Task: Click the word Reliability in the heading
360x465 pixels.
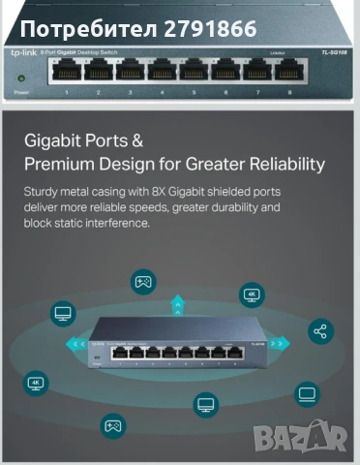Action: [x=282, y=164]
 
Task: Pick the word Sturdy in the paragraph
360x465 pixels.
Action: [x=44, y=192]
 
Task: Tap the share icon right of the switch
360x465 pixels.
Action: [x=321, y=332]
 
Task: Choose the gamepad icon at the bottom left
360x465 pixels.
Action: [x=112, y=424]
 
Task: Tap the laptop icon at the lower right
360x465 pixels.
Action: [x=306, y=393]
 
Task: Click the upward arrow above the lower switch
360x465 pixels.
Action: [x=177, y=306]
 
